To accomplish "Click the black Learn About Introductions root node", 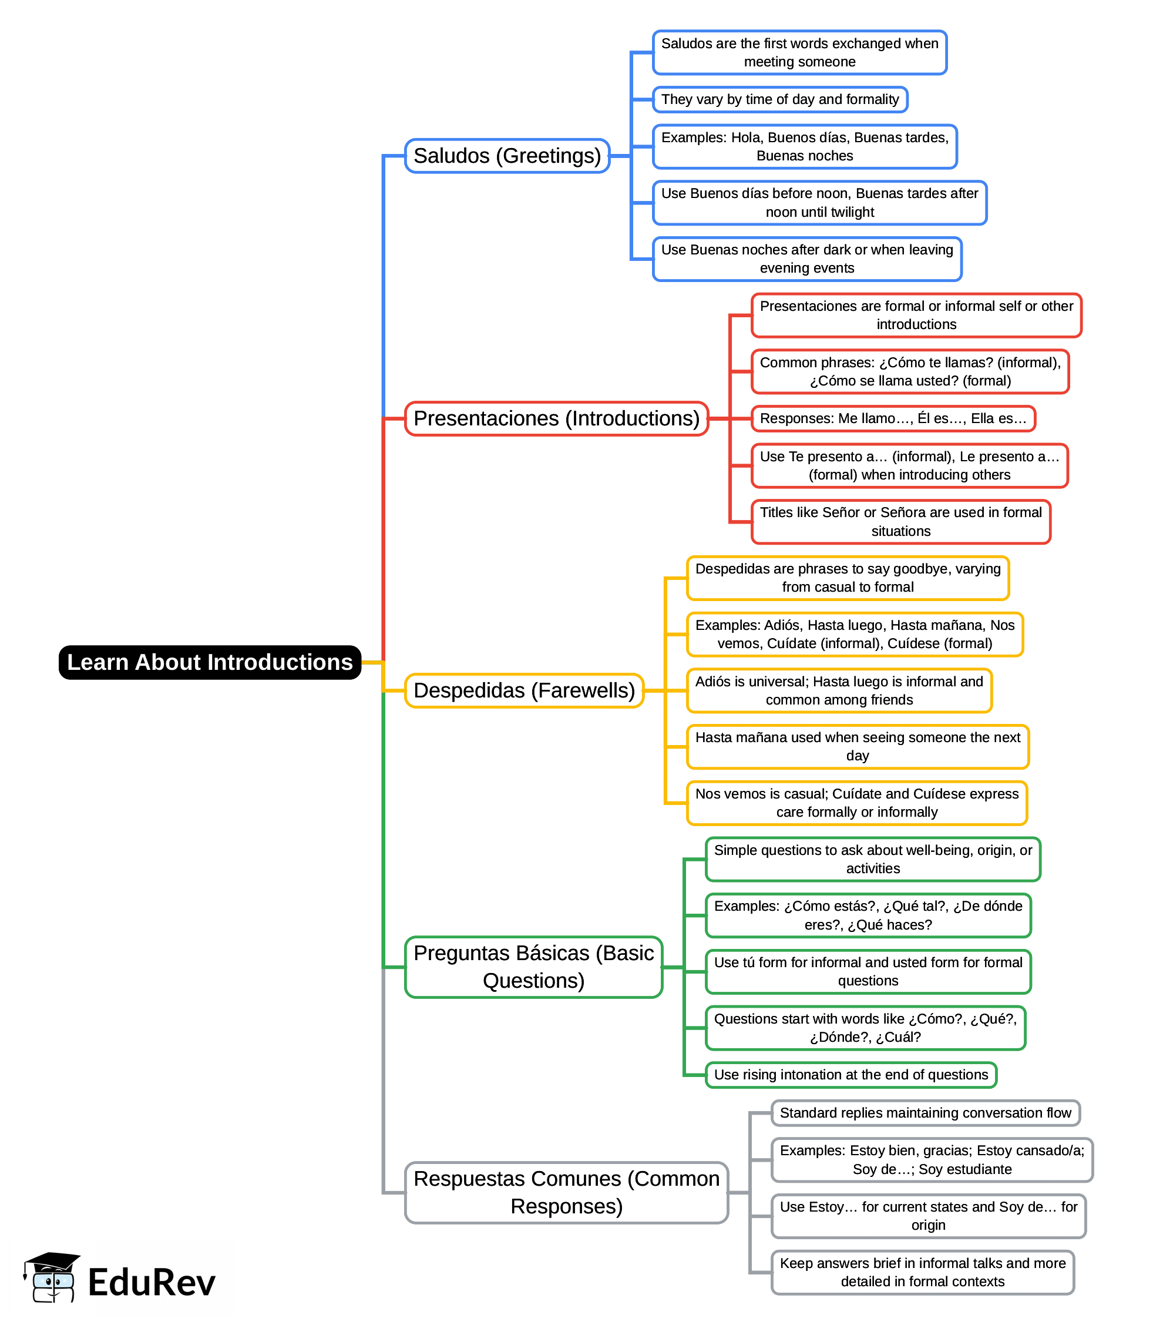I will [210, 662].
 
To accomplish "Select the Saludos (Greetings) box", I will [507, 156].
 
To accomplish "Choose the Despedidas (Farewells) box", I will [524, 690].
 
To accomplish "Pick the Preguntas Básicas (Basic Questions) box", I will [533, 967].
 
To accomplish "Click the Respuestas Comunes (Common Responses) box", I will [566, 1192].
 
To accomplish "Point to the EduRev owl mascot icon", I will [52, 1277].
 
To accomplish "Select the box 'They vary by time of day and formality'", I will [780, 100].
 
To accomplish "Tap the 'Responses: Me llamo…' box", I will [893, 419].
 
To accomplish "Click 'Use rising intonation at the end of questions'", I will [851, 1075].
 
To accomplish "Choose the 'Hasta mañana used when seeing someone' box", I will [858, 746].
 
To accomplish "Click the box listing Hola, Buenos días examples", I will [804, 147].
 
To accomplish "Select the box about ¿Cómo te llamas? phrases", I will [910, 371].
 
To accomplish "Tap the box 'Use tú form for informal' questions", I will [868, 971].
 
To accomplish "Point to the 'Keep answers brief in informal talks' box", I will [923, 1272].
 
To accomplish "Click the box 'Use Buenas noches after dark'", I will [807, 259].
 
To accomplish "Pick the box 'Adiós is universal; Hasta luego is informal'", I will [839, 690].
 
